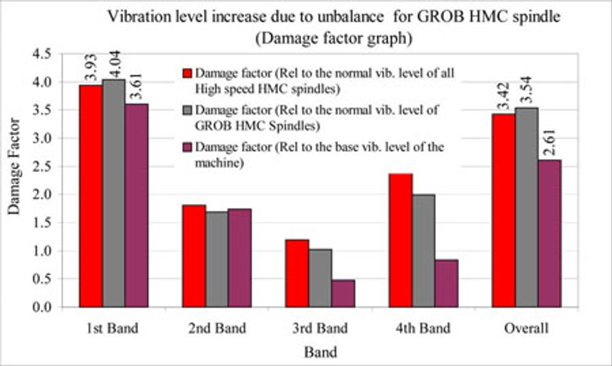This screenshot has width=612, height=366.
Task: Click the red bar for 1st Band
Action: click(x=91, y=196)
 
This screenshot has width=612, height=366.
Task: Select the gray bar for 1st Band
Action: click(x=114, y=193)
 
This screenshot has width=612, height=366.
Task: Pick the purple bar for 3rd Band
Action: click(x=343, y=293)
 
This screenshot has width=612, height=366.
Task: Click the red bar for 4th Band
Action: click(x=400, y=240)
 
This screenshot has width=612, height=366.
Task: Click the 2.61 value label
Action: click(x=550, y=143)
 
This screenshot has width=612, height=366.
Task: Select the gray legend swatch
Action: click(x=187, y=110)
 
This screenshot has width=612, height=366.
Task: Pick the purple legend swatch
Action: click(x=187, y=148)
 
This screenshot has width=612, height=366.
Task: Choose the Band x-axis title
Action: click(x=320, y=352)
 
